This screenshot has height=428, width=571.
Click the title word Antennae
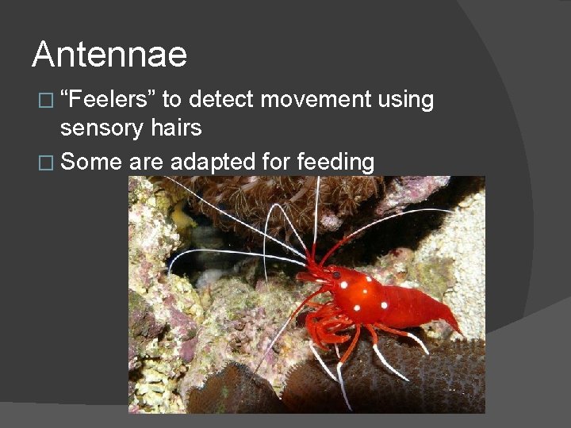point(109,55)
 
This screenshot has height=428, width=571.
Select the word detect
point(222,100)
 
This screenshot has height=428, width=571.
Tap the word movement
point(316,100)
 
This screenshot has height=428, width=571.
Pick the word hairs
point(178,127)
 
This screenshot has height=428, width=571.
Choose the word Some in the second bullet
point(91,162)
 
